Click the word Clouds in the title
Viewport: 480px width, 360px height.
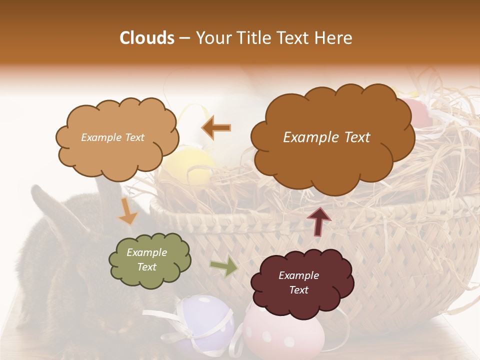click(x=146, y=38)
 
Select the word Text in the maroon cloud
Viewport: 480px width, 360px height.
click(x=298, y=290)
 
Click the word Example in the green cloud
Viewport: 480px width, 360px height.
click(x=146, y=252)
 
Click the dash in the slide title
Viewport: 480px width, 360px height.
click(x=183, y=38)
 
